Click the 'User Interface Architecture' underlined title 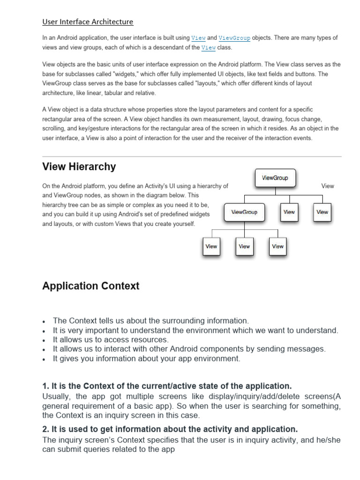pos(88,22)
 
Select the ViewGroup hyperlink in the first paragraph pos(234,38)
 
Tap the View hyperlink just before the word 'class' pos(209,47)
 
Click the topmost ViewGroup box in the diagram pos(275,178)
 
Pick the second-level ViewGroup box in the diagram pos(244,212)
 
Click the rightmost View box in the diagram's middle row pos(322,212)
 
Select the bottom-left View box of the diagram pos(211,247)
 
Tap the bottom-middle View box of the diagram pos(244,247)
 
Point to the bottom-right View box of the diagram pos(277,247)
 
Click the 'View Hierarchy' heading pos(79,166)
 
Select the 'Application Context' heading pos(90,286)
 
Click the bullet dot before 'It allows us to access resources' pos(44,340)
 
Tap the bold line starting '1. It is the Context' pos(167,386)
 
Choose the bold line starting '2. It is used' pos(170,429)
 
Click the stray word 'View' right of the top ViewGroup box pos(328,186)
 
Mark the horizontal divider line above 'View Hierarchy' pos(192,157)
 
